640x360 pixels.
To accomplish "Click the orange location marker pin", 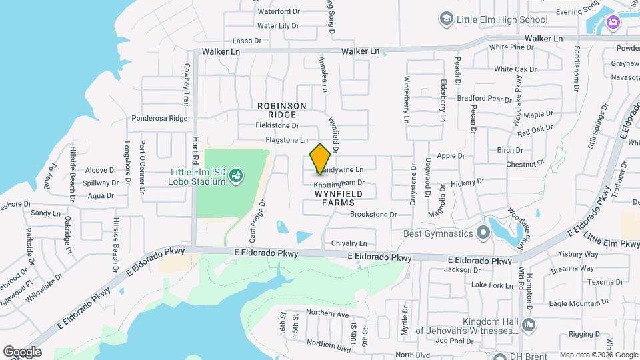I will coord(321,159).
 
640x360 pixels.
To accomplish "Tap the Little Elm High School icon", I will coord(446,19).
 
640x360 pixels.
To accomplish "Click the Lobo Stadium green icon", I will coord(235,175).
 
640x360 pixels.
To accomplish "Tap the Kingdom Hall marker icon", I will coord(528,325).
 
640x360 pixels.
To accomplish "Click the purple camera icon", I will coord(612,23).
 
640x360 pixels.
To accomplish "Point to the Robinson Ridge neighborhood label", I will coord(282,111).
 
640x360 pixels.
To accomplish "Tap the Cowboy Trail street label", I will coord(187,83).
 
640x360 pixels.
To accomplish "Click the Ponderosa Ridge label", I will coord(159,118).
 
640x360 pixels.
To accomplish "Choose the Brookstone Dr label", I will coord(373,215).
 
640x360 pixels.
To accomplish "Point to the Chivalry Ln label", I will coord(349,243).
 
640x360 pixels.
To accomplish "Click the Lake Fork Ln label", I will coord(489,285).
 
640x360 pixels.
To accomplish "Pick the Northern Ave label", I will coord(328,314).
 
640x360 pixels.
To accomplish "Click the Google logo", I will coord(23,351).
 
